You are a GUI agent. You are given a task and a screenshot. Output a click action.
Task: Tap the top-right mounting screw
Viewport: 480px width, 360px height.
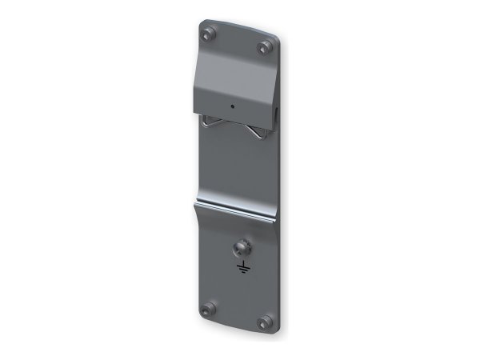pyautogui.click(x=263, y=48)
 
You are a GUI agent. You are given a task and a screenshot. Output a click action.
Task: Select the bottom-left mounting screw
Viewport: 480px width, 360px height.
pyautogui.click(x=210, y=308)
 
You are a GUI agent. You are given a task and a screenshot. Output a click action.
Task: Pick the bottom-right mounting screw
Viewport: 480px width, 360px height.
pyautogui.click(x=264, y=322)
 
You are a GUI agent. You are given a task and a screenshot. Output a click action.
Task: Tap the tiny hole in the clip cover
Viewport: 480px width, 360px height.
pyautogui.click(x=233, y=106)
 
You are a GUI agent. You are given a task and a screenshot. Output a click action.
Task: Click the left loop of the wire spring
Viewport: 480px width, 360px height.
pyautogui.click(x=210, y=122)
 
